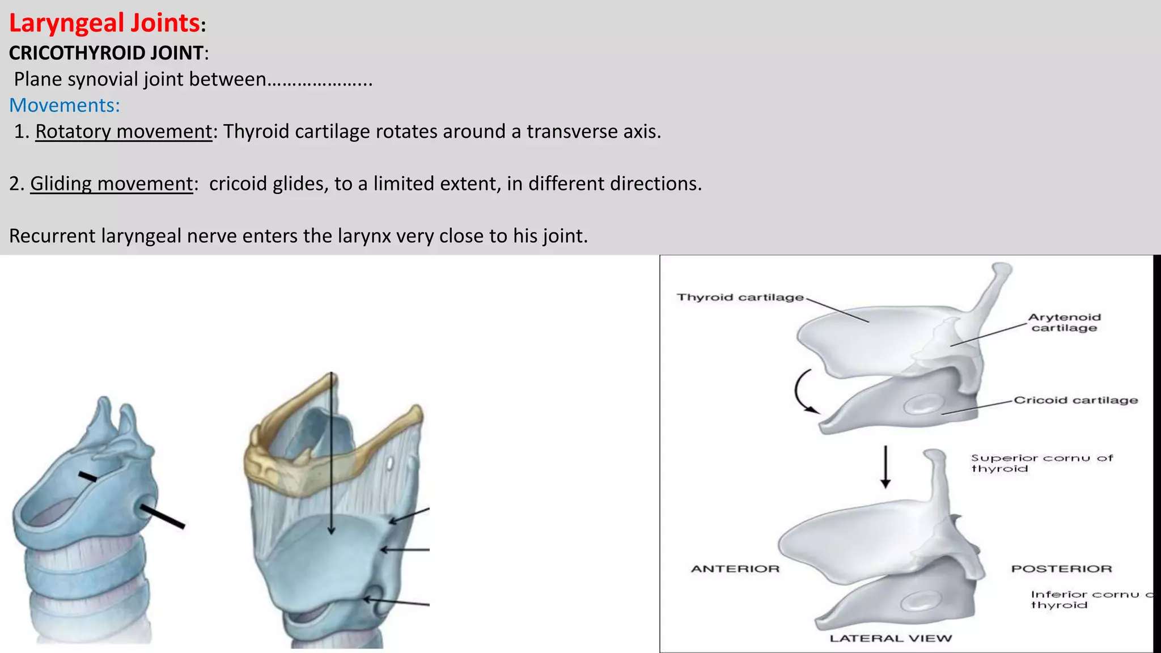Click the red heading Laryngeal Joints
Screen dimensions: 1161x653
pos(104,24)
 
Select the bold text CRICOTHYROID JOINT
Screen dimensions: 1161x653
pos(106,53)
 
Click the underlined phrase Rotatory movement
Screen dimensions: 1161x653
pos(123,132)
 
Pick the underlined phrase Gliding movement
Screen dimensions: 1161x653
pos(111,184)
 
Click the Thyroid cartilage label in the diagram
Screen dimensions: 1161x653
pos(740,298)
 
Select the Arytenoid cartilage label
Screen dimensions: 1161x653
pos(1064,323)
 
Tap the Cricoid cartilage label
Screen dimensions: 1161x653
pos(1075,400)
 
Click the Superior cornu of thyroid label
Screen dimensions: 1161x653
pos(1041,463)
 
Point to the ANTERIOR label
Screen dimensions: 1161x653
pos(735,569)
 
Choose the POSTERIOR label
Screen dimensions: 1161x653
pos(1061,569)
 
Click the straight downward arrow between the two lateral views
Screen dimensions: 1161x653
pos(885,467)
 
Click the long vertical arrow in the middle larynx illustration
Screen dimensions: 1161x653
pos(332,453)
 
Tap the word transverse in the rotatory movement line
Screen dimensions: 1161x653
pos(571,132)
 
